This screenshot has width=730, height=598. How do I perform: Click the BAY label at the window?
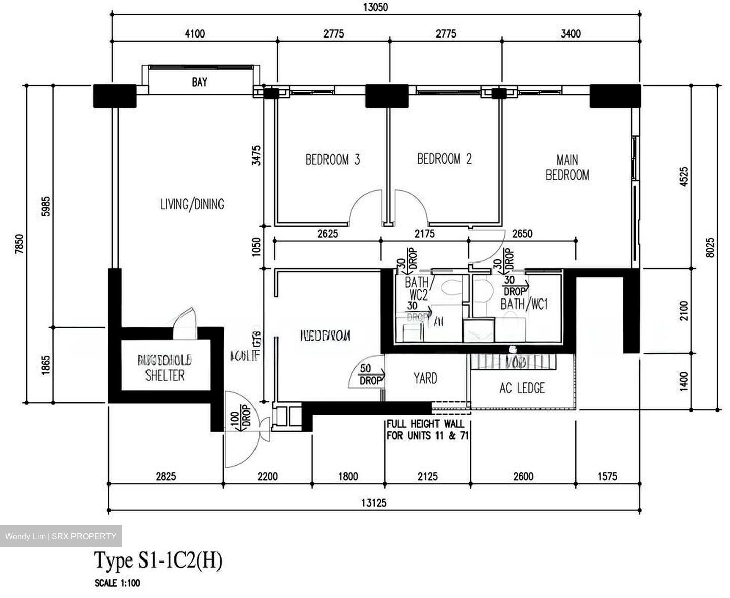pyautogui.click(x=199, y=82)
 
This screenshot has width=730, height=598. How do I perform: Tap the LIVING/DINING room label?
pyautogui.click(x=192, y=204)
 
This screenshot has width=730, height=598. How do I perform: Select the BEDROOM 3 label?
pyautogui.click(x=333, y=160)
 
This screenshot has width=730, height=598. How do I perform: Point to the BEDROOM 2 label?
pyautogui.click(x=444, y=159)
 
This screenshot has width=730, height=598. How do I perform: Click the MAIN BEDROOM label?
pyautogui.click(x=567, y=168)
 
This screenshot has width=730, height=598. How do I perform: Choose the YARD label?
pyautogui.click(x=425, y=378)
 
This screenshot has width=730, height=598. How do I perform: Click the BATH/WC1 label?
pyautogui.click(x=525, y=305)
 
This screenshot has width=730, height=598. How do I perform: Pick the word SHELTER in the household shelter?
pyautogui.click(x=165, y=376)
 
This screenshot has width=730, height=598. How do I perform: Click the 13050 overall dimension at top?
pyautogui.click(x=376, y=7)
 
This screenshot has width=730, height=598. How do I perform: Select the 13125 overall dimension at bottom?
pyautogui.click(x=374, y=503)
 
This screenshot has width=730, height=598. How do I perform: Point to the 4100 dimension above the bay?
pyautogui.click(x=195, y=34)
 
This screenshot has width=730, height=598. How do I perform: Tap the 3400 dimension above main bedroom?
pyautogui.click(x=571, y=34)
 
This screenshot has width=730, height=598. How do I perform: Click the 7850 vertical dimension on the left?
pyautogui.click(x=19, y=243)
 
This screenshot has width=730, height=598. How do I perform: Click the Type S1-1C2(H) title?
pyautogui.click(x=158, y=561)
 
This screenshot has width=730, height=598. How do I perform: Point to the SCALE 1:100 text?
pyautogui.click(x=117, y=583)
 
